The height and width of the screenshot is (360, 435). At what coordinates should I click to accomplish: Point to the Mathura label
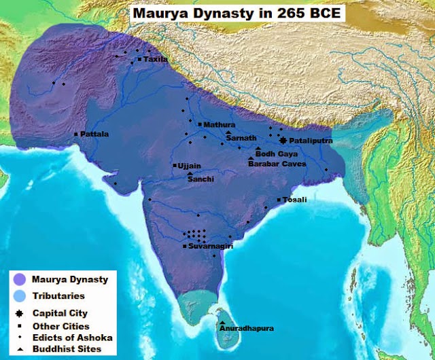219,125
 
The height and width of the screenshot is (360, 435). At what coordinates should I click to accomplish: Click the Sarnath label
242,138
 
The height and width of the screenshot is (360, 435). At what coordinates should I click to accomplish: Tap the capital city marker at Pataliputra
283,140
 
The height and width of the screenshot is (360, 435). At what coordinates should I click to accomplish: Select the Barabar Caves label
277,164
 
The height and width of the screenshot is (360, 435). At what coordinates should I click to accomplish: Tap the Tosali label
296,200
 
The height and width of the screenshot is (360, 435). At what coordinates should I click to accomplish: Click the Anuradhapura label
247,329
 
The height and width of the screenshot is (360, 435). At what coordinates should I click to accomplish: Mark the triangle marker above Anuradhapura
222,322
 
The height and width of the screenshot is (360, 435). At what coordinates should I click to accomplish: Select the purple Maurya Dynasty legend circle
20,278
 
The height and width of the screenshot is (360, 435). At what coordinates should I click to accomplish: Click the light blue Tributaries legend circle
20,296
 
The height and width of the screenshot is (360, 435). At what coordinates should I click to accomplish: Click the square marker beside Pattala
76,134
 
